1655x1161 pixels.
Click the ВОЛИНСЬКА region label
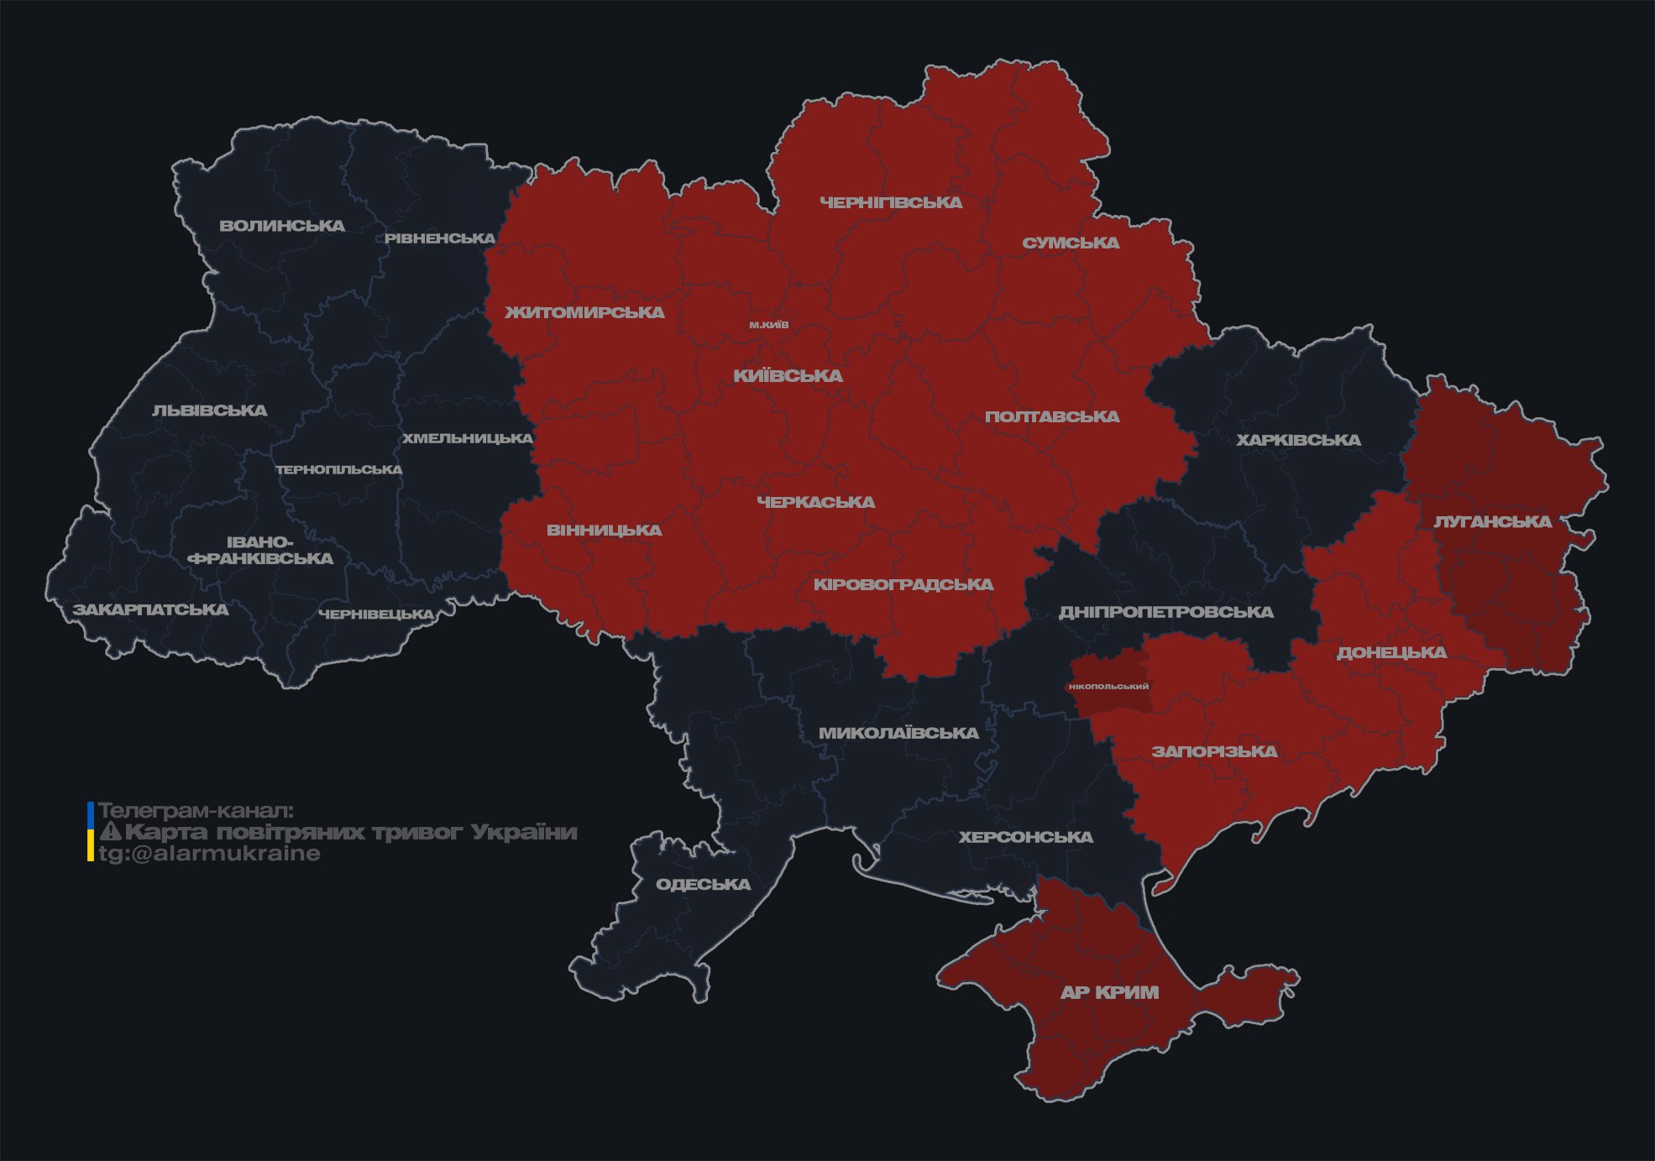[282, 226]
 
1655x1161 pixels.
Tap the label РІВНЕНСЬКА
[440, 238]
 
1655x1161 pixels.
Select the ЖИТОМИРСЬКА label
[584, 312]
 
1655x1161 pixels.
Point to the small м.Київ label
[769, 325]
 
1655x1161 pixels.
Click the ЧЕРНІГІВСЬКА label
[891, 202]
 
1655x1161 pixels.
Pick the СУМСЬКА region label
[1071, 243]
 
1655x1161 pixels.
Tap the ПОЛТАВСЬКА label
[1052, 416]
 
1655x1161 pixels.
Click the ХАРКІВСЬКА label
[1298, 440]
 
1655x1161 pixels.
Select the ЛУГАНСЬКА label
[1492, 521]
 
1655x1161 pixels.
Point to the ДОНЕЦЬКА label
[1391, 652]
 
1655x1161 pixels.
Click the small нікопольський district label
[1108, 687]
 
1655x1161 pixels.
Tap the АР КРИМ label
[1109, 992]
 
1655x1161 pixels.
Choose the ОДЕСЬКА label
[703, 884]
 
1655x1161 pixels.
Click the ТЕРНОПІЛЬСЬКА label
[339, 469]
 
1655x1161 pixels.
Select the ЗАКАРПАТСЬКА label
[150, 609]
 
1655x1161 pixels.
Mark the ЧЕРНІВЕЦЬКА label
[376, 614]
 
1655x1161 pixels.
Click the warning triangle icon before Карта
[110, 832]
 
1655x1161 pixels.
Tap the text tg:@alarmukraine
[209, 854]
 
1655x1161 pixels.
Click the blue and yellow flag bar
[91, 832]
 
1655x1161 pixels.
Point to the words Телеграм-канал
[196, 811]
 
